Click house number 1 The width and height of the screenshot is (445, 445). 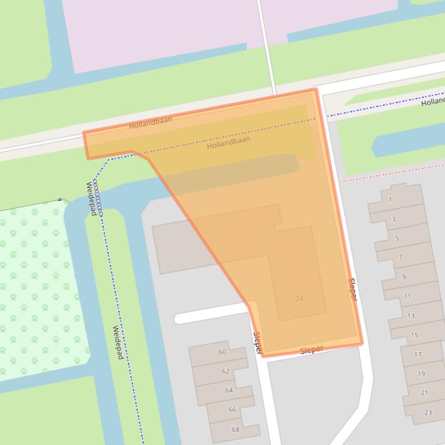(x=390, y=200)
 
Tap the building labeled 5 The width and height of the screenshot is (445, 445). (x=397, y=238)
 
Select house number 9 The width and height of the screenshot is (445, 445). (x=404, y=277)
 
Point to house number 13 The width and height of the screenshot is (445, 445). (x=411, y=316)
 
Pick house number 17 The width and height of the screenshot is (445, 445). (x=418, y=354)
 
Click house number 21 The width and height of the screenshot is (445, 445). (x=425, y=392)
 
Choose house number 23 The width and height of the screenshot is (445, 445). (x=428, y=412)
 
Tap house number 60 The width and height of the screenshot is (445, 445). (x=222, y=352)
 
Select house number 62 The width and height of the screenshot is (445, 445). (x=226, y=371)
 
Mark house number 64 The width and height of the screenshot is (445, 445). (x=229, y=390)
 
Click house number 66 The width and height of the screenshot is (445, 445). (x=232, y=409)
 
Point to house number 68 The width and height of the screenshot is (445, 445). (x=236, y=429)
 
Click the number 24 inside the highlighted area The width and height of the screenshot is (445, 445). (x=299, y=299)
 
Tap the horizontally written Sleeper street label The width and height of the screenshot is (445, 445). (x=311, y=350)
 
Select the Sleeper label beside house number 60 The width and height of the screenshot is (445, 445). (x=258, y=342)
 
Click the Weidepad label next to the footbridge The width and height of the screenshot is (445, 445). (x=91, y=198)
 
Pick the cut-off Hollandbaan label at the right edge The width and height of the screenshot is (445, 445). (x=433, y=102)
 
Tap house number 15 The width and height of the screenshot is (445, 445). (x=414, y=335)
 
